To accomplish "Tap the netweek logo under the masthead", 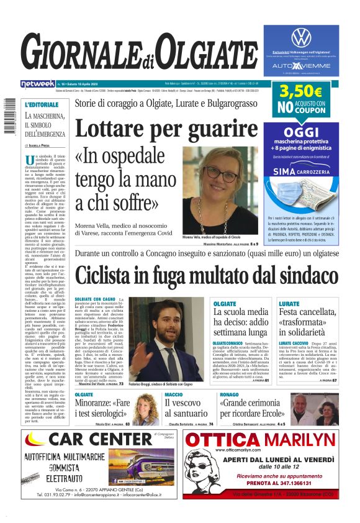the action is [x=37, y=83].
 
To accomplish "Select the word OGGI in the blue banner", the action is [x=300, y=132].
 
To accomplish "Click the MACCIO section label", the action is [x=173, y=394].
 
